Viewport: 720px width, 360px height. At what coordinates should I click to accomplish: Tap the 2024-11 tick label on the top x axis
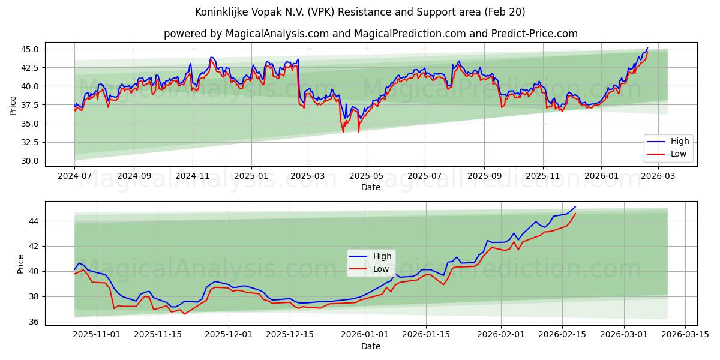click(192, 176)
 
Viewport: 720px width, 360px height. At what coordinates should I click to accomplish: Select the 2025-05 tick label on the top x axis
click(366, 176)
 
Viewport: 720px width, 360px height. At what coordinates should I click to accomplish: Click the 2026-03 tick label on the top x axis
click(659, 176)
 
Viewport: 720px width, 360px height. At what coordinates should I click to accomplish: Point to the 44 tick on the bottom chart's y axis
click(34, 221)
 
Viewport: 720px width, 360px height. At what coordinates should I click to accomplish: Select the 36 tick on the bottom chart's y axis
click(34, 322)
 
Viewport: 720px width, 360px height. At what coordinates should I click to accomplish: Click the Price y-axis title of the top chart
click(13, 106)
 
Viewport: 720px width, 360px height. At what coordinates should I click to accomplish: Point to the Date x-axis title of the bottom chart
click(370, 346)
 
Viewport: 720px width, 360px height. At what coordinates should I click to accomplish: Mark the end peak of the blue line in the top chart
click(647, 47)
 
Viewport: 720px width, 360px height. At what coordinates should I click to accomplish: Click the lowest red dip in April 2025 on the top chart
click(343, 132)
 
